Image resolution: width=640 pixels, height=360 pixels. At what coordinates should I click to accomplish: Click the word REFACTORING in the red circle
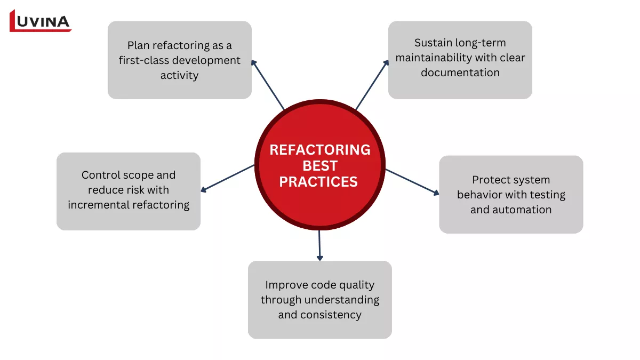[x=319, y=150]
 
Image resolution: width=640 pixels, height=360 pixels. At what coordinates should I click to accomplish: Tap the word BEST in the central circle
[x=319, y=166]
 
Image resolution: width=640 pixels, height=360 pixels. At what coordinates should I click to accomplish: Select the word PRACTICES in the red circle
[x=318, y=182]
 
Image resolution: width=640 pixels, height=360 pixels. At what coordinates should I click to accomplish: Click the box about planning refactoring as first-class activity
[x=179, y=60]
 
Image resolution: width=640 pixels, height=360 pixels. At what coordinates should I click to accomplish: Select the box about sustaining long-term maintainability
[x=460, y=60]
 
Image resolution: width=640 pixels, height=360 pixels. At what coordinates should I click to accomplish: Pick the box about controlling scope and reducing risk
[x=128, y=191]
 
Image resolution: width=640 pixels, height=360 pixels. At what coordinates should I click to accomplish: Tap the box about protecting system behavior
[x=510, y=194]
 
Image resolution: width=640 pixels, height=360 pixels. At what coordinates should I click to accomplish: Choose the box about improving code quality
[x=319, y=299]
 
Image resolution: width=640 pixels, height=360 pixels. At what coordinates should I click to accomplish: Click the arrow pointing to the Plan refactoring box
[x=268, y=84]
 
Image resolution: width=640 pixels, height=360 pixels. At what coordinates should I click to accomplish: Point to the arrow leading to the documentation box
[x=372, y=84]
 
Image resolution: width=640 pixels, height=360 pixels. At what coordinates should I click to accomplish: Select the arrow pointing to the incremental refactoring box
[x=227, y=178]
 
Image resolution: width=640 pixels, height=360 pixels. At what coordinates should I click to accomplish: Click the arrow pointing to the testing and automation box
[x=412, y=182]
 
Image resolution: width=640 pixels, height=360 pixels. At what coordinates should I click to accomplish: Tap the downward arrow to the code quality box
[x=319, y=245]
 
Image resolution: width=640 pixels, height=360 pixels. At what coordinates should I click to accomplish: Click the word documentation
[x=460, y=73]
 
